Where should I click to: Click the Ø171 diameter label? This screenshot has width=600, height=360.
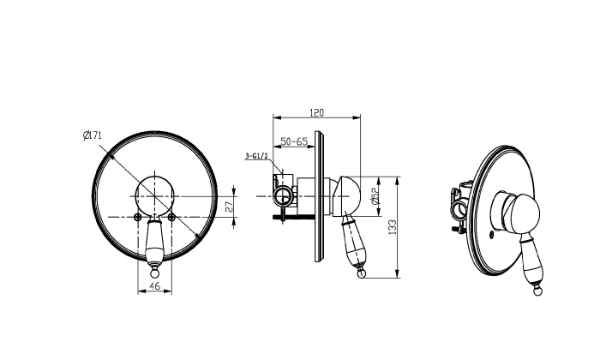tap(93, 135)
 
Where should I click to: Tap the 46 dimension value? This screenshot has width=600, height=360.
tap(154, 285)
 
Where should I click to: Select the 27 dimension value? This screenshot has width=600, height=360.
tap(229, 207)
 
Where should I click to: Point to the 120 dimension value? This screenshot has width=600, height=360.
tap(316, 113)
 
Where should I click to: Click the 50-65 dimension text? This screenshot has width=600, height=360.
tap(294, 141)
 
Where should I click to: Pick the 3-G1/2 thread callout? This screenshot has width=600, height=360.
tap(256, 156)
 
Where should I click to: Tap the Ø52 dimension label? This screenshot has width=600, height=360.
tap(375, 195)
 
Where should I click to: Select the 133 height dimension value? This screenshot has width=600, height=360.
tap(393, 227)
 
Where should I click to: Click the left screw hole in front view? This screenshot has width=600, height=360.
tap(138, 218)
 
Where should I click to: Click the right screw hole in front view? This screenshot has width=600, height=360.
tap(171, 218)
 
